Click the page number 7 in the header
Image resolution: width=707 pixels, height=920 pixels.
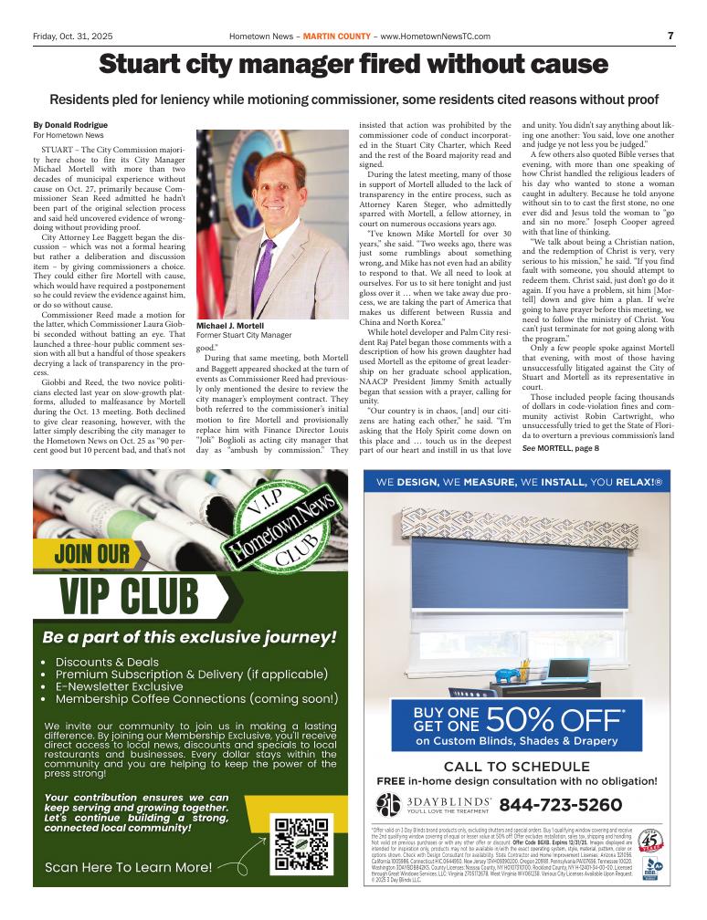click(x=670, y=36)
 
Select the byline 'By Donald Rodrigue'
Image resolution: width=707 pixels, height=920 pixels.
click(x=70, y=124)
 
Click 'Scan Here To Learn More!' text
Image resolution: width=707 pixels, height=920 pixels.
click(x=129, y=867)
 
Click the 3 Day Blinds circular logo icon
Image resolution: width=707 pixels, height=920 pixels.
click(x=388, y=804)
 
